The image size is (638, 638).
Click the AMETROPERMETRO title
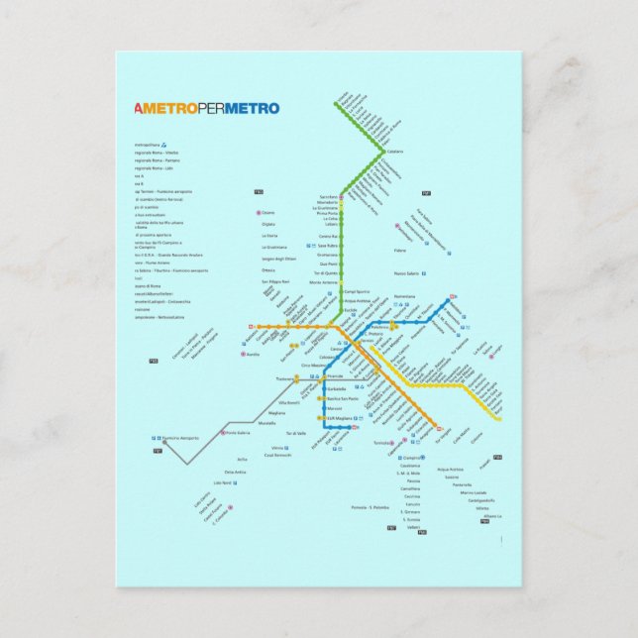(206, 109)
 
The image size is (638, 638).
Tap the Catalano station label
(395, 152)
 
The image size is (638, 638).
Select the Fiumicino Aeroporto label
(180, 438)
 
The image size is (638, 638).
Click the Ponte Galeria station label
(239, 433)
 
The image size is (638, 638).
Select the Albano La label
(492, 515)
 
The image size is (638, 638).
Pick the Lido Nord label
(222, 483)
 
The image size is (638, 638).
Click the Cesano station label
(268, 213)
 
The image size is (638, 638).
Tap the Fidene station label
(400, 251)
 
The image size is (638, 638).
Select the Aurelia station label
(253, 354)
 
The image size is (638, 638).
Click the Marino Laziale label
(474, 492)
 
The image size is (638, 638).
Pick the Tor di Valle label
(295, 434)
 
